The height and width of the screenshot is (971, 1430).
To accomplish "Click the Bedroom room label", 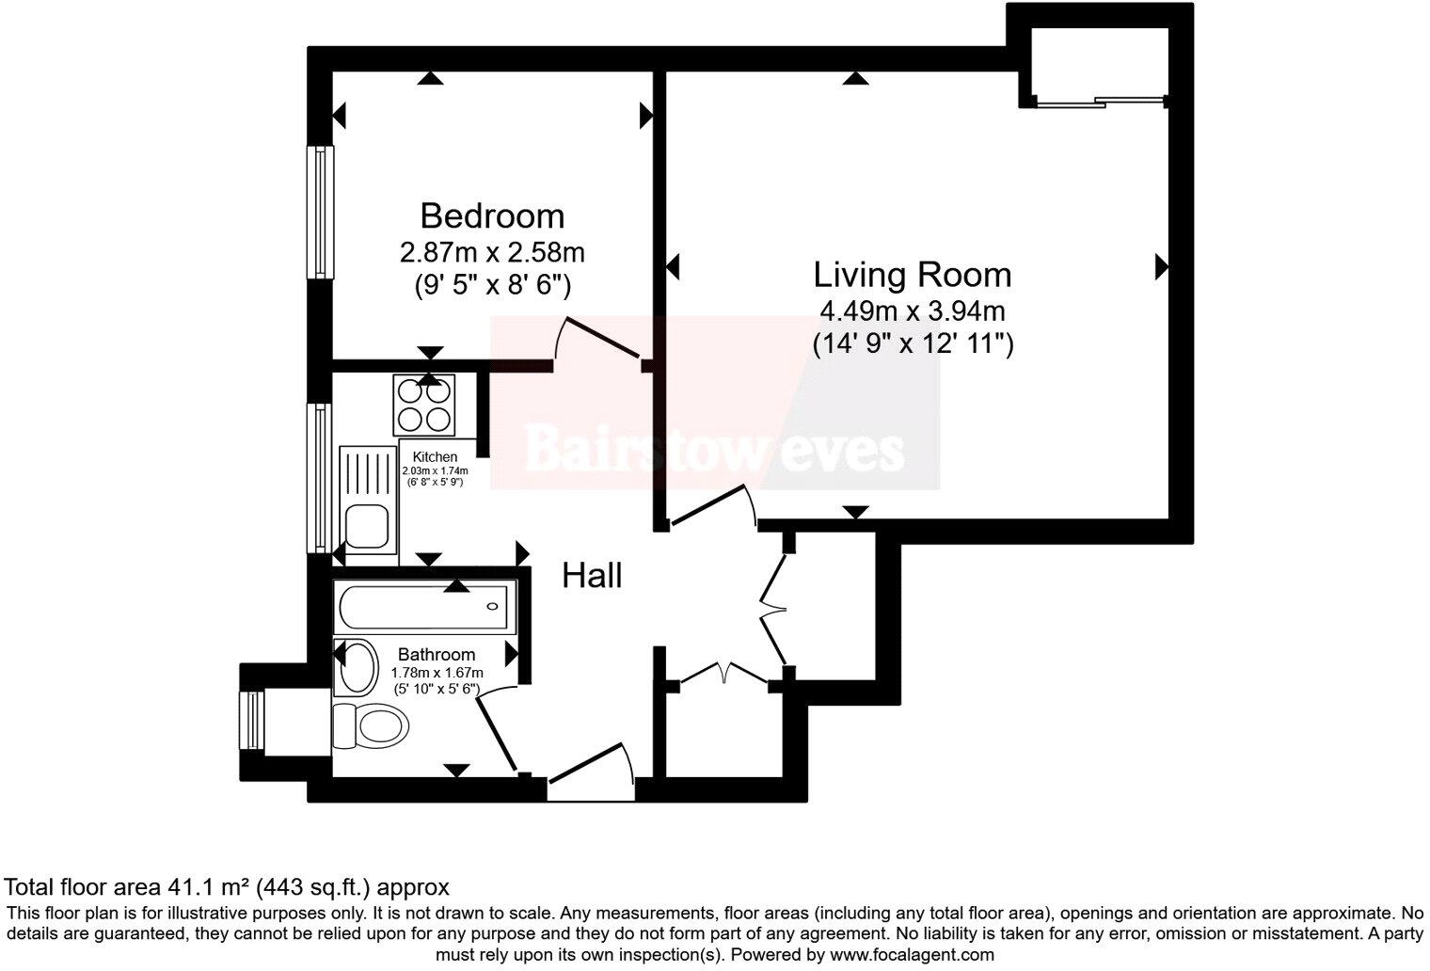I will (x=492, y=215).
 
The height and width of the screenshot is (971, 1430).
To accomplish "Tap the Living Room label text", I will (x=912, y=275).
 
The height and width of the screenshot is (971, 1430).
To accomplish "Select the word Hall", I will (x=592, y=575).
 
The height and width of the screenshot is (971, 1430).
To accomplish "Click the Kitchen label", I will (x=435, y=457).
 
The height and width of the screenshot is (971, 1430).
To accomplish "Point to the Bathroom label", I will (x=436, y=654).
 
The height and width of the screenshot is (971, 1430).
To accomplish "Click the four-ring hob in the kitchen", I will (x=423, y=405).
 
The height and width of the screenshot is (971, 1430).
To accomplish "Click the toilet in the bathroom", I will (x=371, y=726).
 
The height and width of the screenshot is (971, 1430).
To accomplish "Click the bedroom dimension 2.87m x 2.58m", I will (x=492, y=252).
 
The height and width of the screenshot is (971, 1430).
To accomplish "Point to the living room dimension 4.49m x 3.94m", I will (x=913, y=310).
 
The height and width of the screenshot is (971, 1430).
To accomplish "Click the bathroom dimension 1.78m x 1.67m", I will (x=437, y=673).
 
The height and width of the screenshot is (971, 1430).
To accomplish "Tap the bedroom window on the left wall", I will (x=322, y=212).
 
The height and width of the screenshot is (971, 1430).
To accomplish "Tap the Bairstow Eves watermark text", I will (x=714, y=450).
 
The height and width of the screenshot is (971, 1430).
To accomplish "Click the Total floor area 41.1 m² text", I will (x=227, y=886).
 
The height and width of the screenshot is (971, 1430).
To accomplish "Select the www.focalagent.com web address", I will (x=910, y=954).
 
